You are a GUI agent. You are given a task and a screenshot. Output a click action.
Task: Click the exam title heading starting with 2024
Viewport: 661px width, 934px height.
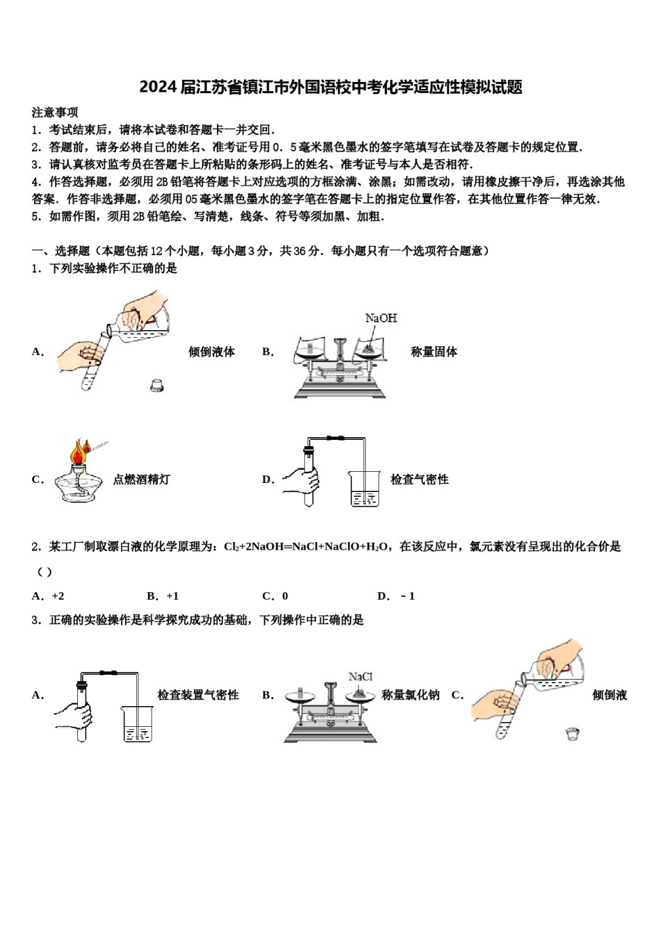pyautogui.click(x=330, y=87)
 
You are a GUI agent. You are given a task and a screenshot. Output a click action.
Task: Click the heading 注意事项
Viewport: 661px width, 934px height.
pyautogui.click(x=55, y=112)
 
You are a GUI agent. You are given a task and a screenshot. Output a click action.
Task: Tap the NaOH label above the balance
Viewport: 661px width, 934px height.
pyautogui.click(x=381, y=318)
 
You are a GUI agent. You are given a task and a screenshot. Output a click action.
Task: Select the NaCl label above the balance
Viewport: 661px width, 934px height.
pyautogui.click(x=360, y=676)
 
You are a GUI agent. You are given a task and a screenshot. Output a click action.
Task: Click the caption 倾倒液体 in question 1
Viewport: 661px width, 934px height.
pyautogui.click(x=212, y=352)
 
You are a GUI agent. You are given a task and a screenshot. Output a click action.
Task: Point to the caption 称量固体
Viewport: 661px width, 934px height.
pyautogui.click(x=433, y=352)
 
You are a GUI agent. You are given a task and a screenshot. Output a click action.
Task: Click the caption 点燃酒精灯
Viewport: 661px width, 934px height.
pyautogui.click(x=141, y=480)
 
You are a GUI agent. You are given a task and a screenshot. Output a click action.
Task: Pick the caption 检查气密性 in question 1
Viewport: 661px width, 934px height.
pyautogui.click(x=419, y=480)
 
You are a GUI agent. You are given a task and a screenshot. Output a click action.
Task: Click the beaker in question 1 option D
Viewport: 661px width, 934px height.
pyautogui.click(x=365, y=489)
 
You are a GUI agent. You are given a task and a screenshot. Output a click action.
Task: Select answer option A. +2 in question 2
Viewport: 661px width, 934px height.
pyautogui.click(x=48, y=596)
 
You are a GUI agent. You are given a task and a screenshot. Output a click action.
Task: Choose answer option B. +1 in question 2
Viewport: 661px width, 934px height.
pyautogui.click(x=163, y=596)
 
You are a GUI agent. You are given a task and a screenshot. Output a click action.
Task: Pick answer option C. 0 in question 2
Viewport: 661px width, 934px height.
pyautogui.click(x=275, y=596)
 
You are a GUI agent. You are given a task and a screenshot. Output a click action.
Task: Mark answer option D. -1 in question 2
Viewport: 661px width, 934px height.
pyautogui.click(x=396, y=596)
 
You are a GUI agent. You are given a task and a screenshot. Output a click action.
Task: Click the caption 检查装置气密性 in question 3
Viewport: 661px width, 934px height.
pyautogui.click(x=198, y=695)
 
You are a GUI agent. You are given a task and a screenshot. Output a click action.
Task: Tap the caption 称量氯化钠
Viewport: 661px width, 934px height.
pyautogui.click(x=410, y=695)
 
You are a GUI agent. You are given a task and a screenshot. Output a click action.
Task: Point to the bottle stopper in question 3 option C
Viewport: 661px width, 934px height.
pyautogui.click(x=572, y=733)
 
